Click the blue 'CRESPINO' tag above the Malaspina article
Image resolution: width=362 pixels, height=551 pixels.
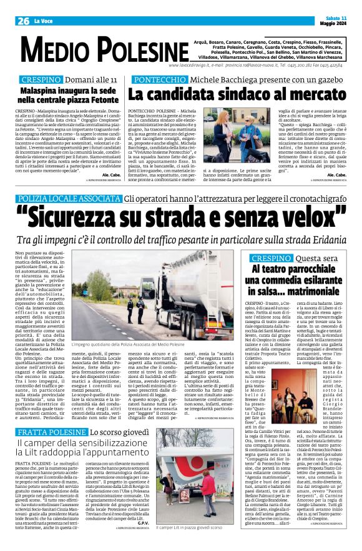tap(41, 81)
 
